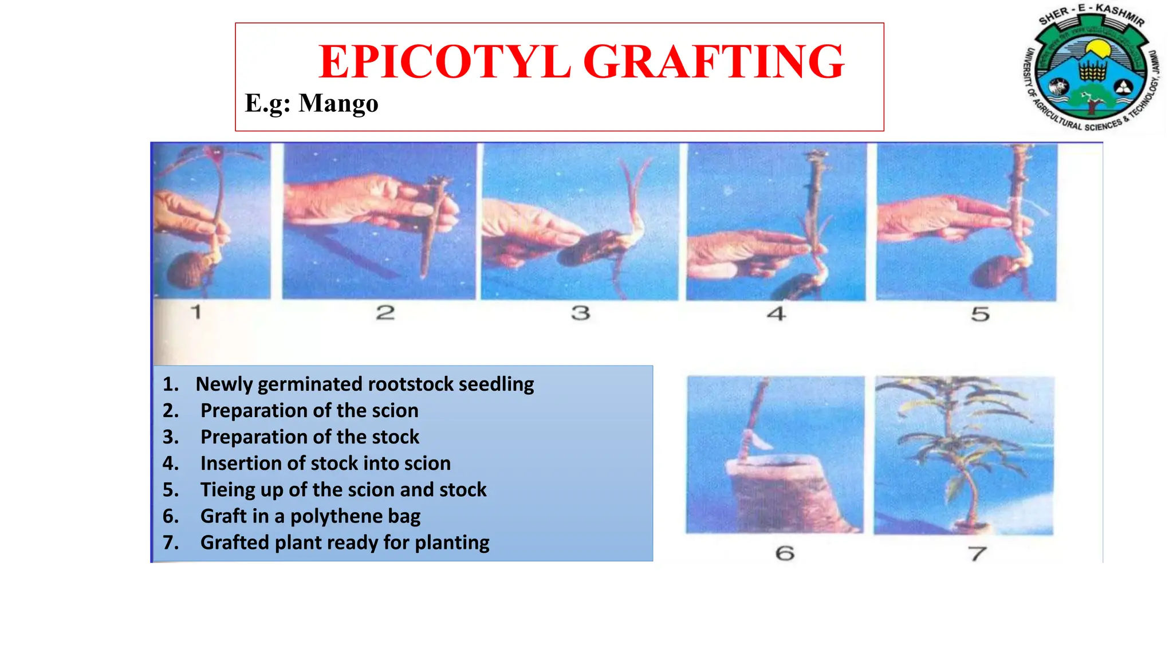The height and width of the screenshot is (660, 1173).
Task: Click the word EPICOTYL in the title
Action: tap(444, 62)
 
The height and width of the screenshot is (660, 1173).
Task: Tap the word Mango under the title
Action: tap(338, 104)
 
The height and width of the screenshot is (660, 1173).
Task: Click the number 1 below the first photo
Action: tap(196, 312)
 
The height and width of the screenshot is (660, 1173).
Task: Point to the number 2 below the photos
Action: tap(385, 313)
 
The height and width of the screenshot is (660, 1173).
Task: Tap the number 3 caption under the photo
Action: tap(580, 313)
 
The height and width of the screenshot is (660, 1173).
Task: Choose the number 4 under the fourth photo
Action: tap(776, 314)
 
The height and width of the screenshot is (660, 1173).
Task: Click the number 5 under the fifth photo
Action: tap(980, 314)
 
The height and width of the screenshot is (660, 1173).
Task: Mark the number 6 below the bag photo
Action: tap(785, 553)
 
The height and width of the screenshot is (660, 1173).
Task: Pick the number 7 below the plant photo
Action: tap(977, 554)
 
